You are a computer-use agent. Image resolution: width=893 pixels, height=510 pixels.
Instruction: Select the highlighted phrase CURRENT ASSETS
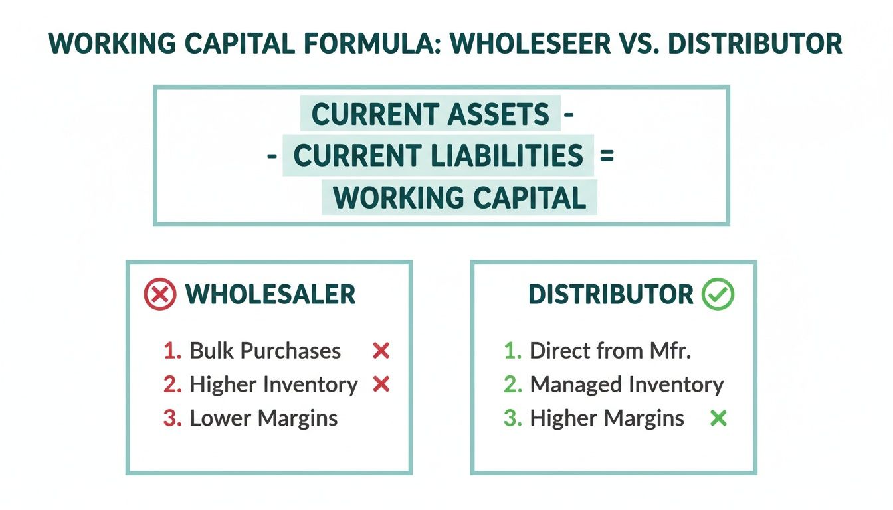point(431,115)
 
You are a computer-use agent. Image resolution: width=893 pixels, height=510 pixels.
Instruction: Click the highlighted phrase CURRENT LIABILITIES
point(439,156)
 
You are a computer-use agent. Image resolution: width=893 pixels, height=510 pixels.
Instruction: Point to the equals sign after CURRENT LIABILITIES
point(605,157)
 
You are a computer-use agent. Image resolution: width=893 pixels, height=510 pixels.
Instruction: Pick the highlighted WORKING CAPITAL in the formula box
point(460,198)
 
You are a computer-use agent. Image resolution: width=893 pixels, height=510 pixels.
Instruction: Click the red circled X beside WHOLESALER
point(160,295)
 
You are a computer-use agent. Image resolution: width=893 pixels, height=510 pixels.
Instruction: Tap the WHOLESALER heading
point(270,295)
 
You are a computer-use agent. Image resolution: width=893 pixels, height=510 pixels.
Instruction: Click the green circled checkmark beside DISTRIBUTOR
point(718,295)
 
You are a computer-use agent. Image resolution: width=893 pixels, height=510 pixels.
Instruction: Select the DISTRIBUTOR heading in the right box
point(611,295)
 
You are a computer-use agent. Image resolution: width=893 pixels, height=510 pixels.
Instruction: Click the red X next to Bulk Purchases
point(381,351)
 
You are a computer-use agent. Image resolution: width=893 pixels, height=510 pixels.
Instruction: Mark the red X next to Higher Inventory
point(381,384)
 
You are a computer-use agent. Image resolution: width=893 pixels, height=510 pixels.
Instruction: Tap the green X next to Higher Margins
point(718,418)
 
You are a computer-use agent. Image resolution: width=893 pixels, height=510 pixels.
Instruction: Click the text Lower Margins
point(264,418)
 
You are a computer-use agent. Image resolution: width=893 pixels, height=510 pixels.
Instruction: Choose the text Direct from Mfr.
point(610,351)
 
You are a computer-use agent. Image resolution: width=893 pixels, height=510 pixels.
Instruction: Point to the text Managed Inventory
point(627,384)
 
